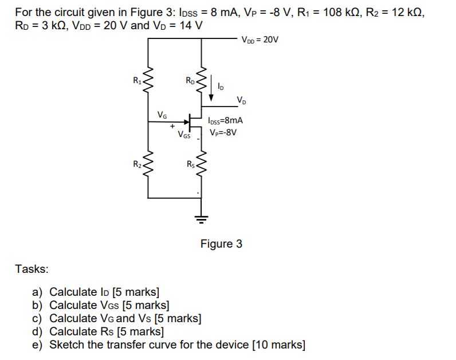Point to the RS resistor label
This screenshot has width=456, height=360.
coord(191,165)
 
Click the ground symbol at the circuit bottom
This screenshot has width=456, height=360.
coord(200,217)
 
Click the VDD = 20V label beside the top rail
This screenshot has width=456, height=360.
coord(260,40)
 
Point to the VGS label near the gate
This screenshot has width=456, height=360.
coord(184,136)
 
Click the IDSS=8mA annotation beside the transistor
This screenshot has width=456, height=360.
coord(226,121)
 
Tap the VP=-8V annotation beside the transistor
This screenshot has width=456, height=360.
coord(223,132)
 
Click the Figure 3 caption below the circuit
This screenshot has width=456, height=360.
coord(221,244)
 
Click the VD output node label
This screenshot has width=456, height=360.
coord(242,101)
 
